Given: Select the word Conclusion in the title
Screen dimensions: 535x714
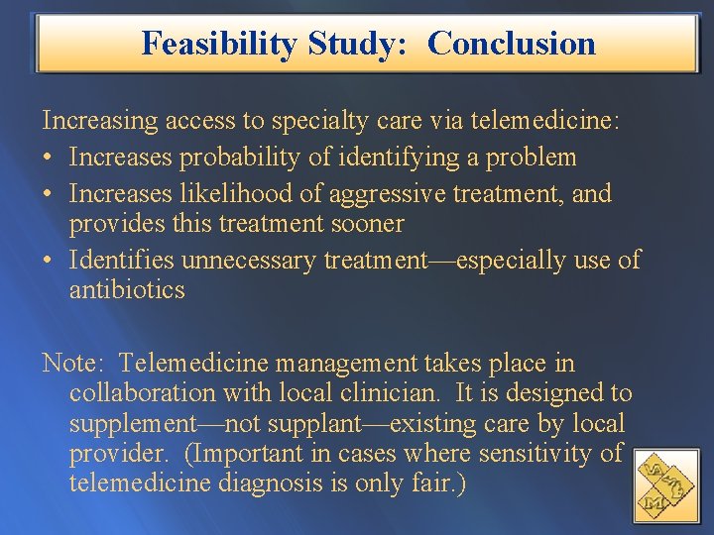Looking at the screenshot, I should coord(512,44).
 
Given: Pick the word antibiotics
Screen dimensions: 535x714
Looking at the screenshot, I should coord(127,290).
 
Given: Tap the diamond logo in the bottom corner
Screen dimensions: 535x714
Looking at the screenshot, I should coord(665,484).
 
